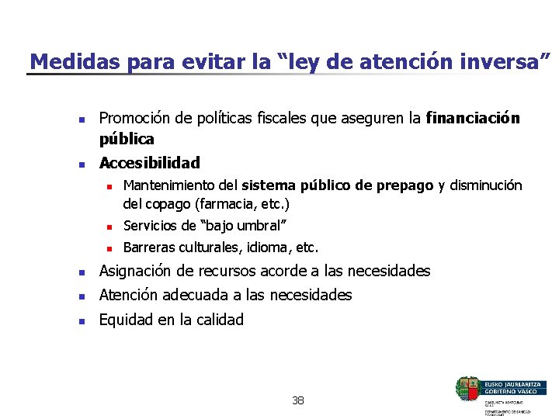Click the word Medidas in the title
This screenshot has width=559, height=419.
coord(63,61)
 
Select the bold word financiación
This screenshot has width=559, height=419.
coord(473,118)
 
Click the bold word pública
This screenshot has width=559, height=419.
coord(127,139)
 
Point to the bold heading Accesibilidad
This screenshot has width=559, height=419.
coord(149,163)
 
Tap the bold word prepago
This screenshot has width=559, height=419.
coord(405,185)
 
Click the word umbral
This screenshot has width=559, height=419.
coord(259,226)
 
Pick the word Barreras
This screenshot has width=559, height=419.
coord(148,248)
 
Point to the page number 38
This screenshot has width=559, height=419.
coord(298,400)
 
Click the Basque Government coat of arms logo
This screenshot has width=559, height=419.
coord(469,388)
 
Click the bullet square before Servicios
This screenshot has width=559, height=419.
coord(110,227)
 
